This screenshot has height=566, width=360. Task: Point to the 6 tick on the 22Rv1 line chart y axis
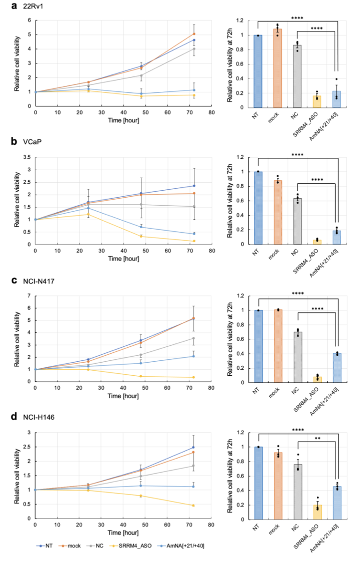point(29,20)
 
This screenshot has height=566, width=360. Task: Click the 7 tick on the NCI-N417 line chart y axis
point(29,296)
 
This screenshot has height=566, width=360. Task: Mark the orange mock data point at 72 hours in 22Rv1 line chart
point(193,34)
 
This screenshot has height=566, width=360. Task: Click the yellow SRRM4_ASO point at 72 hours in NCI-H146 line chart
point(193,505)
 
